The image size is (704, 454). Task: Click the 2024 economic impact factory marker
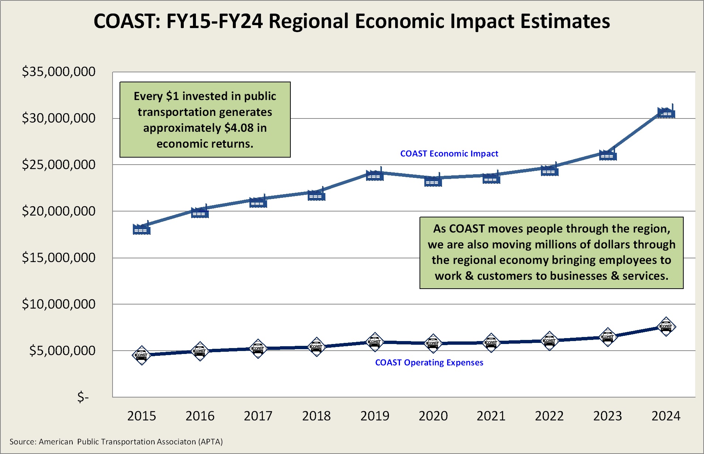[x=666, y=113]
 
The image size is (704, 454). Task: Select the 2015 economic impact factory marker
[x=142, y=229]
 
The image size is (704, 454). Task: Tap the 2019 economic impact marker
[x=375, y=175]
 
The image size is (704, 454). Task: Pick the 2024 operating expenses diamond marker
[x=666, y=327]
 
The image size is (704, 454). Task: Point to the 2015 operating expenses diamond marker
[x=142, y=355]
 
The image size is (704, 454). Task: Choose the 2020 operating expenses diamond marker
[x=433, y=343]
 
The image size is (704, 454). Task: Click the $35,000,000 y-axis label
[x=59, y=72]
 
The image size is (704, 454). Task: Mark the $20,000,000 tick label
[x=59, y=211]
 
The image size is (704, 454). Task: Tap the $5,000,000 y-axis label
[x=62, y=351]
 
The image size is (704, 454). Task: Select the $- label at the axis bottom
[x=83, y=397]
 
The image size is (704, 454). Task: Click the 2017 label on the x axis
[x=258, y=416]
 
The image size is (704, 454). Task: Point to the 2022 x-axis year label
[x=549, y=416]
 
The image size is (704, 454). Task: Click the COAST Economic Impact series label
[x=449, y=154]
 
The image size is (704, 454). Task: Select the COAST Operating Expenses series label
[x=429, y=362]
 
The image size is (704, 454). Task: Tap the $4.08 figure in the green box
[x=239, y=128]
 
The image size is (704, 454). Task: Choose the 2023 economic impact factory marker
[x=608, y=155]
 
